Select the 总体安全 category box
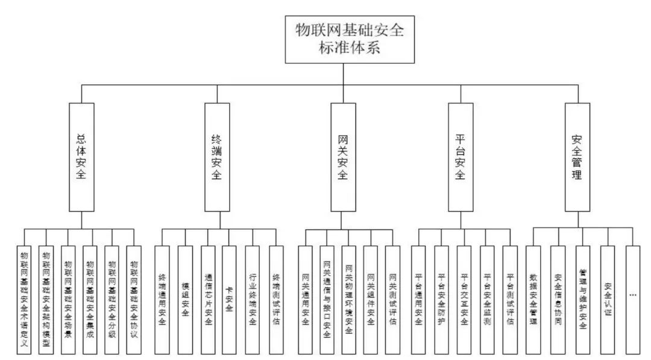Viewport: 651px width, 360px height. pos(82,157)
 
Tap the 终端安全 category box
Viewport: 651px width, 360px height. pos(217,157)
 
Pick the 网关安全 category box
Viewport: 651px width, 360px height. pos(343,157)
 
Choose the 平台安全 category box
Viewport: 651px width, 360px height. pos(461,157)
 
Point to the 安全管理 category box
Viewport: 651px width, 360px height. pos(577,157)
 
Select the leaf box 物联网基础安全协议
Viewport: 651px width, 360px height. pos(134,298)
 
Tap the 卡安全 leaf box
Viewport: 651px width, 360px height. pos(230,298)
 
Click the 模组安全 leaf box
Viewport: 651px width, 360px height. pos(185,298)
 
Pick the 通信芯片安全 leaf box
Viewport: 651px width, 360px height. pos(208,298)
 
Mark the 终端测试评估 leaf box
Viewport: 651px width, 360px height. pos(275,298)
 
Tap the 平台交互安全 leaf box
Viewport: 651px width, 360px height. pos(464,298)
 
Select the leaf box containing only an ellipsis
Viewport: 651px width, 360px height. pos(632,298)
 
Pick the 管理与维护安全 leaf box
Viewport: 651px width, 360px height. pos(582,298)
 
